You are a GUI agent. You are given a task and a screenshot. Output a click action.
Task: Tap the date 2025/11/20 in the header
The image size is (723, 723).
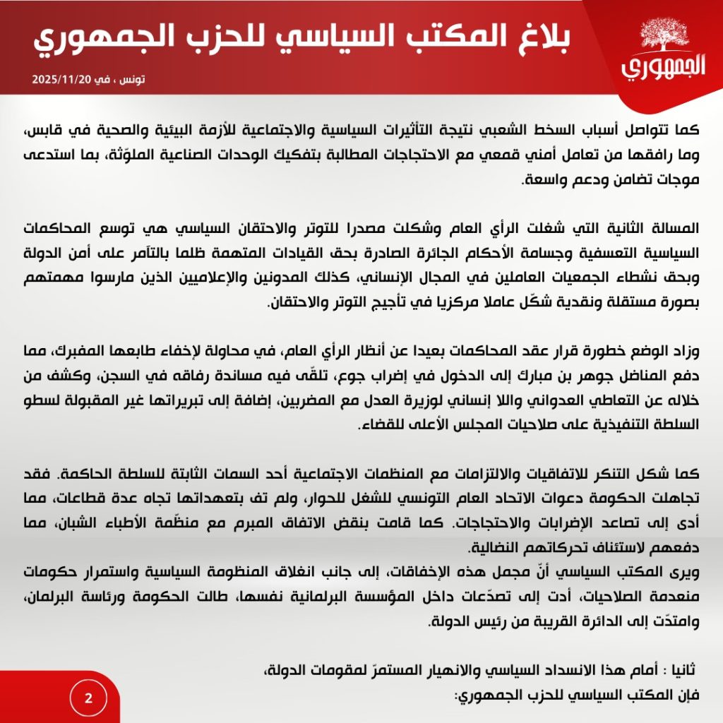point(61,79)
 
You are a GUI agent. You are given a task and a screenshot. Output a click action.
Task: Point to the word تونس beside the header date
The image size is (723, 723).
point(131,79)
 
